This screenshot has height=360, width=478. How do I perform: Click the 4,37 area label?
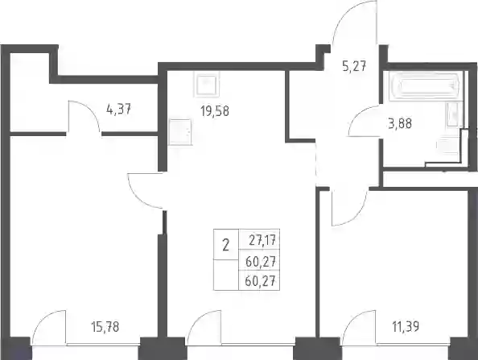pos(119,109)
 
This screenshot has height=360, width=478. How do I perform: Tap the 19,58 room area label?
pos(215,111)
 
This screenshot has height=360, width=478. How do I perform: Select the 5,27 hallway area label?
pos(354,66)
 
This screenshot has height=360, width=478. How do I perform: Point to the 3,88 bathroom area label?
pos(400,123)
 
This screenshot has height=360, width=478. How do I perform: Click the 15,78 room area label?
pos(105,327)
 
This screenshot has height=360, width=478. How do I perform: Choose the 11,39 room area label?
pos(405,326)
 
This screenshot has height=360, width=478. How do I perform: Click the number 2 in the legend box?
pos(225,245)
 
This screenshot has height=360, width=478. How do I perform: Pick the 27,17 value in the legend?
pos(262,240)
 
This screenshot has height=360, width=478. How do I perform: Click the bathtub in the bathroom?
pos(424,85)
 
